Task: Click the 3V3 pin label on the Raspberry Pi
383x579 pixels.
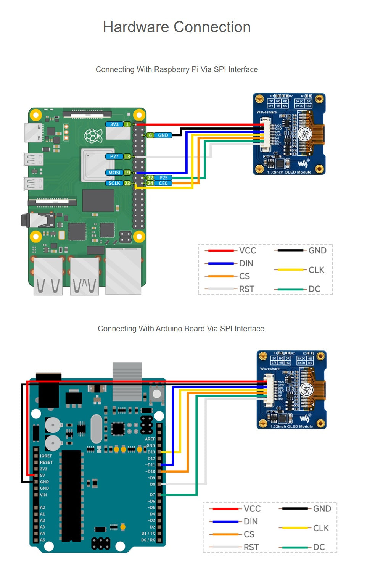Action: tap(114, 124)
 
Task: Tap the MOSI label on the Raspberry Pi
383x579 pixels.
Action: tap(114, 173)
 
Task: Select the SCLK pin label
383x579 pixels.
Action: tap(114, 183)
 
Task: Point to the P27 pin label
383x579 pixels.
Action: tap(114, 156)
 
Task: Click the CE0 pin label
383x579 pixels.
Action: tap(163, 183)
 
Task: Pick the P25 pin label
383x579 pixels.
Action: tap(164, 178)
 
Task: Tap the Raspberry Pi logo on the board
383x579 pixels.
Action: tap(93, 136)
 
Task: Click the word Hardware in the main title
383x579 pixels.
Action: tap(136, 27)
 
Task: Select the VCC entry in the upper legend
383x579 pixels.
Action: tap(248, 251)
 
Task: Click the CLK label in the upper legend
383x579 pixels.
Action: tap(316, 270)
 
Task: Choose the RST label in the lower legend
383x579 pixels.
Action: tap(251, 547)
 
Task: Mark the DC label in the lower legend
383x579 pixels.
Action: tap(319, 547)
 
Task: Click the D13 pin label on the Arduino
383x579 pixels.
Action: tap(151, 452)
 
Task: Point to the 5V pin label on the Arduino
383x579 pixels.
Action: tap(42, 476)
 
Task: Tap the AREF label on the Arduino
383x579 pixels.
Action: tap(150, 439)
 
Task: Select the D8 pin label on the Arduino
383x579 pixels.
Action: tap(153, 485)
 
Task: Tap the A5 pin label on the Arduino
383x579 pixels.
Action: tap(42, 540)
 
